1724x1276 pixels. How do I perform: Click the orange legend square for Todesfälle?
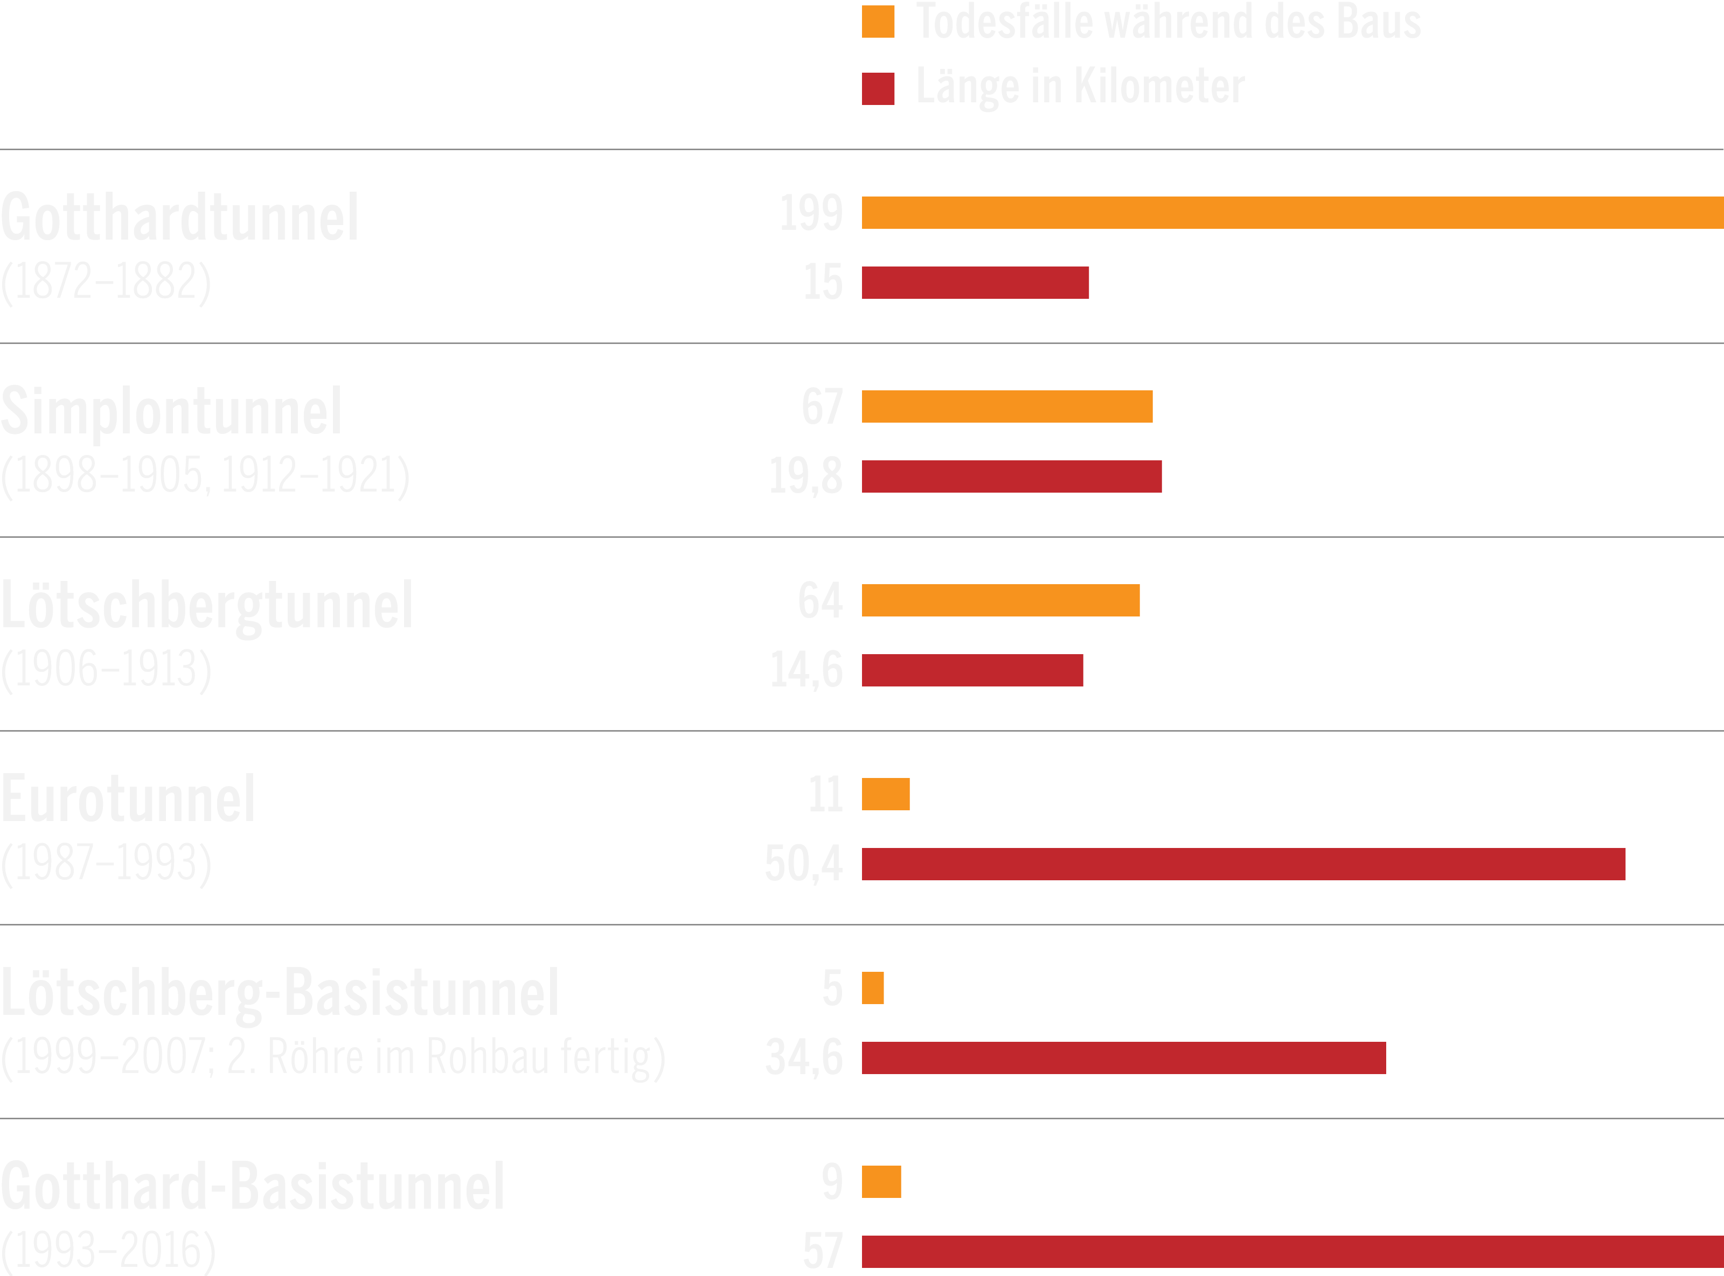pos(878,22)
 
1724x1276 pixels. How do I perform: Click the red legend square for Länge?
pos(878,88)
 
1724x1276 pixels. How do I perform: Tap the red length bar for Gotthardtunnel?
pos(975,283)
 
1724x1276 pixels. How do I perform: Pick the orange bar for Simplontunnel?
pos(1007,406)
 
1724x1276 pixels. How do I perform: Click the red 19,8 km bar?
pos(1012,476)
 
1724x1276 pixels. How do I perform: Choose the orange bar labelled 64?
pos(1000,600)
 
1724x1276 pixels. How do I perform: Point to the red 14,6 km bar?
pos(972,670)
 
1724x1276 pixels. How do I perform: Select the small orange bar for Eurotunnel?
pos(886,794)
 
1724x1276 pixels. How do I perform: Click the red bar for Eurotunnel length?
pos(1243,864)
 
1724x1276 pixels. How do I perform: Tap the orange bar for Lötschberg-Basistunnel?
pos(872,988)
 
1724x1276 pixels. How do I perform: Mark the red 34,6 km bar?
pos(1124,1057)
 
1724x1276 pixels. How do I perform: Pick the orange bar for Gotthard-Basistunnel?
pos(881,1182)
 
